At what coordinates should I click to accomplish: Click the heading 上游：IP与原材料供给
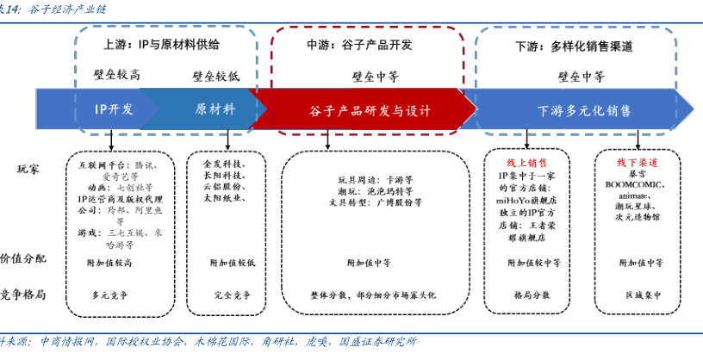pos(161,44)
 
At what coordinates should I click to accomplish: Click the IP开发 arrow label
pos(115,109)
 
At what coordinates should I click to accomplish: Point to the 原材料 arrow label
pos(215,109)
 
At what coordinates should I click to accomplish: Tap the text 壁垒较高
pos(116,75)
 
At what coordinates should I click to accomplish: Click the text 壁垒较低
pos(215,76)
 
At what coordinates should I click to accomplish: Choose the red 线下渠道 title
pos(637,162)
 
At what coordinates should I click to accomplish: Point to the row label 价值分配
pos(23,258)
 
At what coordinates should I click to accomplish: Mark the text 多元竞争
pos(109,295)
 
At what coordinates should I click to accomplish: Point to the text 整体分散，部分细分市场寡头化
pos(372,295)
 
